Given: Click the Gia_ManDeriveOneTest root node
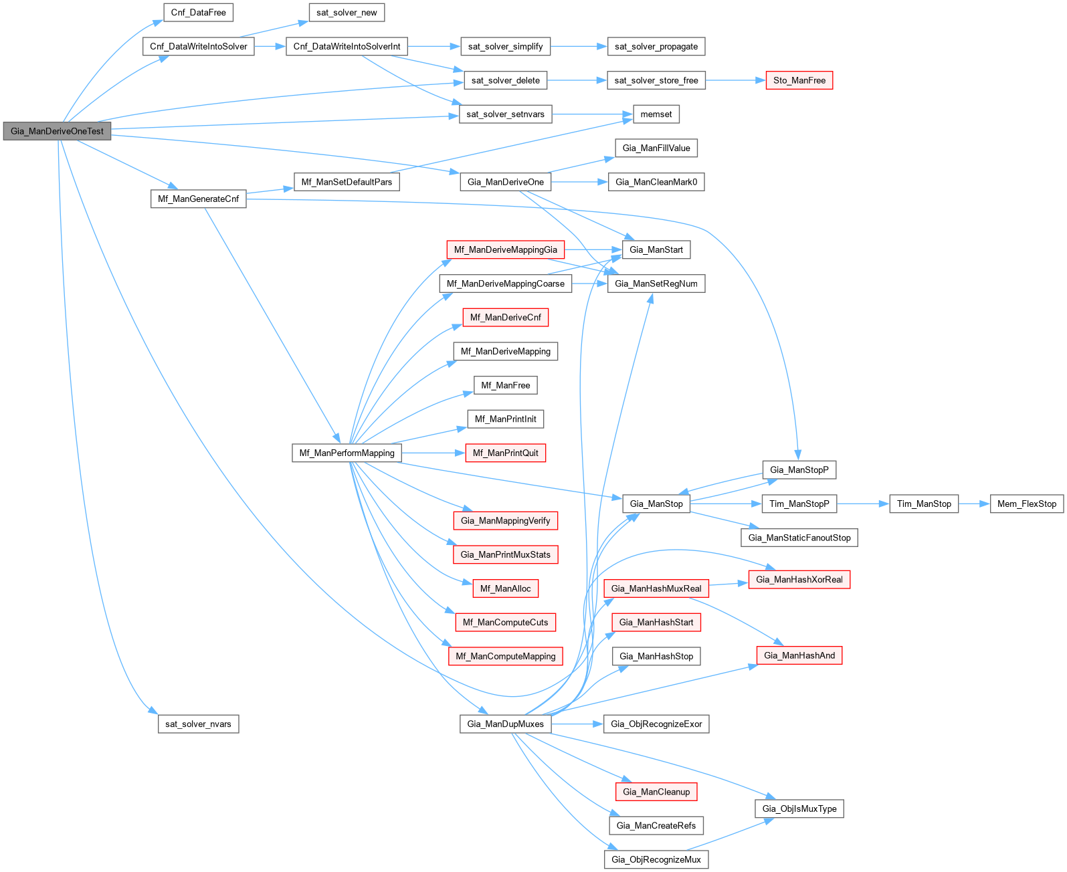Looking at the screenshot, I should coord(57,131).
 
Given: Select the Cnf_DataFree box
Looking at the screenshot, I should coord(198,13).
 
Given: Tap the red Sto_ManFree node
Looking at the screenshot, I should coord(799,80).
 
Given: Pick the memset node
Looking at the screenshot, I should coord(656,114).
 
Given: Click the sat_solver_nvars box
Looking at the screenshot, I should coord(198,724).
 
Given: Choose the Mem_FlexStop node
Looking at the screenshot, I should coord(1026,504).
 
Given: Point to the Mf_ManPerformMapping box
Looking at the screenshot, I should coord(347,453).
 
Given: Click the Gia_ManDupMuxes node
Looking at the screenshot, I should coord(505,724).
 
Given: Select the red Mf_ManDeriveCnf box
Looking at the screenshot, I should coord(505,317).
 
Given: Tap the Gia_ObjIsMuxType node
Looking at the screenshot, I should coord(799,808).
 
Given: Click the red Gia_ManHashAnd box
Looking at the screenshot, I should coord(799,655).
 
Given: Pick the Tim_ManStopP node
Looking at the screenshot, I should coord(799,504).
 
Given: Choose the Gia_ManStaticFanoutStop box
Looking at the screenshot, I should coord(799,538).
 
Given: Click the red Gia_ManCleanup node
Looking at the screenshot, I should coord(656,792).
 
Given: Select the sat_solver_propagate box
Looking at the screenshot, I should coord(656,46).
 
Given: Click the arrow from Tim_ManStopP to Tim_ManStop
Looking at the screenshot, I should coord(862,504).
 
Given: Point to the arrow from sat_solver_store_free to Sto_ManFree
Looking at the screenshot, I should coord(735,80).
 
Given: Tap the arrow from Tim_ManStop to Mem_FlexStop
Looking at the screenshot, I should coord(974,504).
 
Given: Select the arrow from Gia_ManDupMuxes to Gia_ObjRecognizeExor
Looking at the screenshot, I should coord(577,724).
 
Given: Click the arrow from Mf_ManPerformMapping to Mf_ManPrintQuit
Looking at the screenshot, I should coord(433,453).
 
